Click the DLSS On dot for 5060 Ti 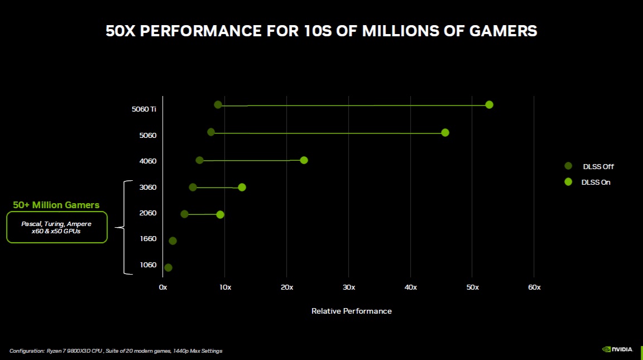click(490, 105)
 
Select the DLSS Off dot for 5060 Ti click(218, 105)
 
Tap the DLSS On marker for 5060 click(445, 132)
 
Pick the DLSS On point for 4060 click(304, 160)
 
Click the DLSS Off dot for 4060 click(200, 160)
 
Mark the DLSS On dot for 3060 click(242, 187)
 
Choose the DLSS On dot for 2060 click(220, 214)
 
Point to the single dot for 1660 click(172, 241)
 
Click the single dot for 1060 click(169, 267)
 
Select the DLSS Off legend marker click(569, 166)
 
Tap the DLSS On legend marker click(569, 181)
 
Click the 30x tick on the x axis click(348, 287)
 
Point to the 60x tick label click(534, 287)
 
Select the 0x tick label click(163, 287)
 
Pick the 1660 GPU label click(148, 239)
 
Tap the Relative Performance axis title click(351, 311)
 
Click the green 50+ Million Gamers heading click(56, 205)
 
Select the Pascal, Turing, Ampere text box click(56, 227)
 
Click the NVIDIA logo click(617, 349)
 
